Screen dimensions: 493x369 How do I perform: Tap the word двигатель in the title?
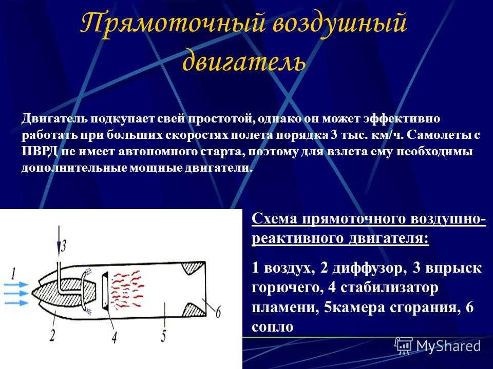click(x=244, y=60)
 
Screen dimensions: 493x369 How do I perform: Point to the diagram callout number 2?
click(x=52, y=335)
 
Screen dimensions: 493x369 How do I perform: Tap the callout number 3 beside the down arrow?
click(x=64, y=245)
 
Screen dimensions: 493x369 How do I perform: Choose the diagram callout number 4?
click(x=114, y=337)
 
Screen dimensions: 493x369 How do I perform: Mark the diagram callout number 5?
click(x=163, y=336)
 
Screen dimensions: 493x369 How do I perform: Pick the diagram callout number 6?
click(x=218, y=312)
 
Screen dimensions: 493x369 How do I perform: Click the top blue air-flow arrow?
click(x=16, y=284)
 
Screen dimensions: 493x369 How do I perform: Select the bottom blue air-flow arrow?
click(x=16, y=303)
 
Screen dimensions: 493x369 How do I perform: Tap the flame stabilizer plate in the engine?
click(x=105, y=290)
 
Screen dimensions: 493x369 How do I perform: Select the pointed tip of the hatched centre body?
click(x=32, y=293)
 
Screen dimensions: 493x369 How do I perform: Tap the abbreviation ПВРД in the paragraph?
click(x=40, y=152)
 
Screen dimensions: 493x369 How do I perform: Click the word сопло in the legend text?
click(x=272, y=327)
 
